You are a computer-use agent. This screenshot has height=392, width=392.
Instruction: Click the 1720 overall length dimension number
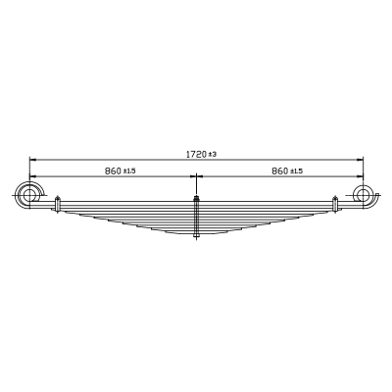(197, 154)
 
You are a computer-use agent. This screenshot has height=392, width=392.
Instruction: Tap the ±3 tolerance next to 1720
(213, 154)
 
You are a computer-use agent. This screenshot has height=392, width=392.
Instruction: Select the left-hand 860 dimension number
(113, 171)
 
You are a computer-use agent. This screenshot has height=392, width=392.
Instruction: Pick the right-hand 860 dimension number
(280, 171)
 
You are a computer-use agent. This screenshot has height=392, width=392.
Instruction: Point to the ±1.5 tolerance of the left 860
(129, 171)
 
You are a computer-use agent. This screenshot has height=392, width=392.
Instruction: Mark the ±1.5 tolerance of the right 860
(296, 171)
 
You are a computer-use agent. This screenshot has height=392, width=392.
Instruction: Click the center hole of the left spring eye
(29, 196)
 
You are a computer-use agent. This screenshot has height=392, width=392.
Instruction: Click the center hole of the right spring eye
(363, 196)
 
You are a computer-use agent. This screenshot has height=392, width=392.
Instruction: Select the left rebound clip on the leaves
(58, 205)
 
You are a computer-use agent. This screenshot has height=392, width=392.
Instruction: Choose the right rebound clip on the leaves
(335, 204)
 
